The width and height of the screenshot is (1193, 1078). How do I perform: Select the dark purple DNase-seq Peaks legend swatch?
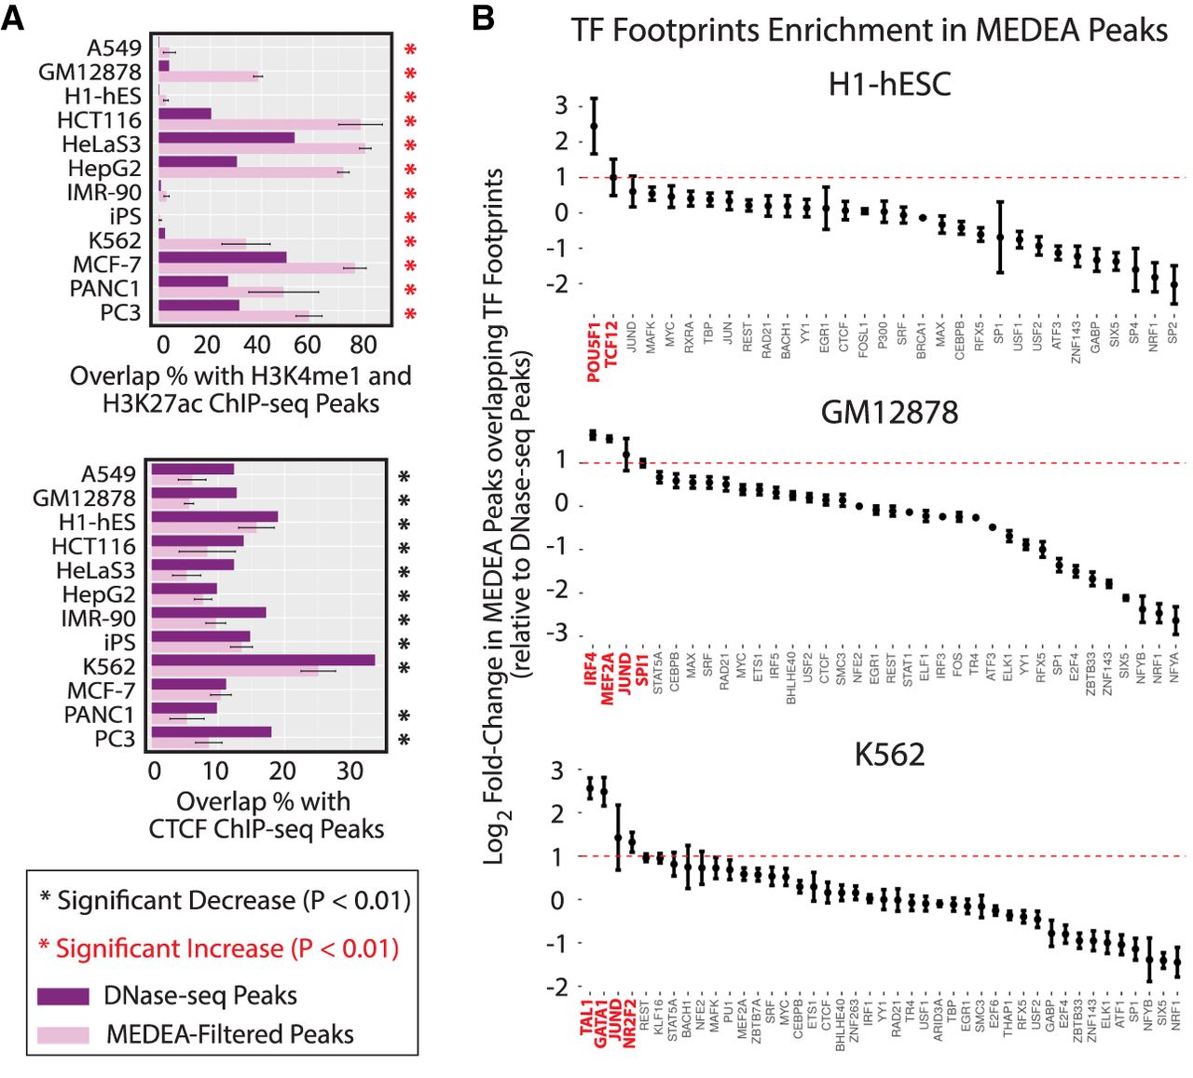click(x=63, y=996)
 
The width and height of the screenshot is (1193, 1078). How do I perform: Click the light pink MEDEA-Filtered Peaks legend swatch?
click(x=63, y=1035)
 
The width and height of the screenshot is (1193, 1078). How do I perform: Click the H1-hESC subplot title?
click(x=889, y=85)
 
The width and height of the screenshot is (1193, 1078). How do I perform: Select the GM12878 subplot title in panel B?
click(x=889, y=412)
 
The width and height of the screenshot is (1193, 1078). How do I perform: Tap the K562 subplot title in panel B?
click(x=889, y=754)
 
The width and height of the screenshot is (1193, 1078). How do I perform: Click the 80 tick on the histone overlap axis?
click(x=363, y=345)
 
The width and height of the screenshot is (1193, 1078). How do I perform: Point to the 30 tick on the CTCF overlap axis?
click(x=350, y=771)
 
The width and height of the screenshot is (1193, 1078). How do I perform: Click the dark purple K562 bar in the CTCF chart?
click(x=263, y=660)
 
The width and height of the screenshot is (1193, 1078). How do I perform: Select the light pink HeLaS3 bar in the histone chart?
click(x=261, y=149)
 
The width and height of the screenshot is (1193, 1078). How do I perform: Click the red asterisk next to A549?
click(x=410, y=51)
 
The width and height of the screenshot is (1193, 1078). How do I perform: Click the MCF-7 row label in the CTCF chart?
click(x=101, y=690)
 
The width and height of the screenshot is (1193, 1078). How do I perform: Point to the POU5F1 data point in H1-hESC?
click(x=594, y=126)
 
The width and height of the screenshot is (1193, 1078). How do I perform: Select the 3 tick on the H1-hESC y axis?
click(x=561, y=105)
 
